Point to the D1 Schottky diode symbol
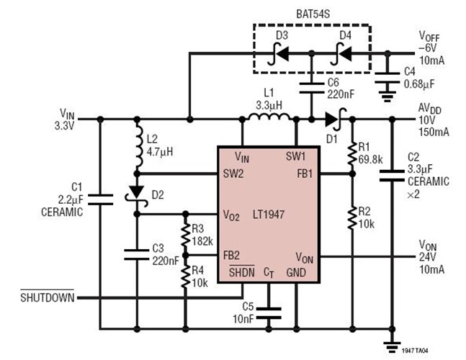point(333,120)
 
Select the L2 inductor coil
point(136,148)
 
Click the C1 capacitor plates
point(99,199)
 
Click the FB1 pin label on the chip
point(304,174)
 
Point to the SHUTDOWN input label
point(47,297)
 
